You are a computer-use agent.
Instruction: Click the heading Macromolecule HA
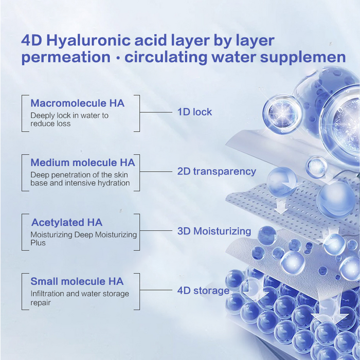(x=77, y=103)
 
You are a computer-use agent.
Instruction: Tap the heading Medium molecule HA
(x=82, y=163)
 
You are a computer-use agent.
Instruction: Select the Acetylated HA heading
(x=67, y=222)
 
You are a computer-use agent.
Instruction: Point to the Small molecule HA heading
(x=77, y=281)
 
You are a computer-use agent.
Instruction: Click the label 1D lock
(x=194, y=112)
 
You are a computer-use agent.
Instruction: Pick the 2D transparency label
(x=217, y=171)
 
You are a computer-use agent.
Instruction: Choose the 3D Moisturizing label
(x=214, y=231)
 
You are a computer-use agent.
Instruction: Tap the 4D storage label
(x=203, y=291)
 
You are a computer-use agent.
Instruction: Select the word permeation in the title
(x=66, y=57)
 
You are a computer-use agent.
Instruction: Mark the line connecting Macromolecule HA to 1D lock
(x=155, y=112)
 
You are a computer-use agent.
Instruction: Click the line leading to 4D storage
(x=155, y=291)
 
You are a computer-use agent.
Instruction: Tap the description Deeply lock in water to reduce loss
(x=69, y=119)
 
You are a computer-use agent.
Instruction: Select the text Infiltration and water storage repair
(x=79, y=298)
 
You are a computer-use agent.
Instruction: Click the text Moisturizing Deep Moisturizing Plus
(x=83, y=239)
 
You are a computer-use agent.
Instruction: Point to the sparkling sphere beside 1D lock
(x=281, y=112)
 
